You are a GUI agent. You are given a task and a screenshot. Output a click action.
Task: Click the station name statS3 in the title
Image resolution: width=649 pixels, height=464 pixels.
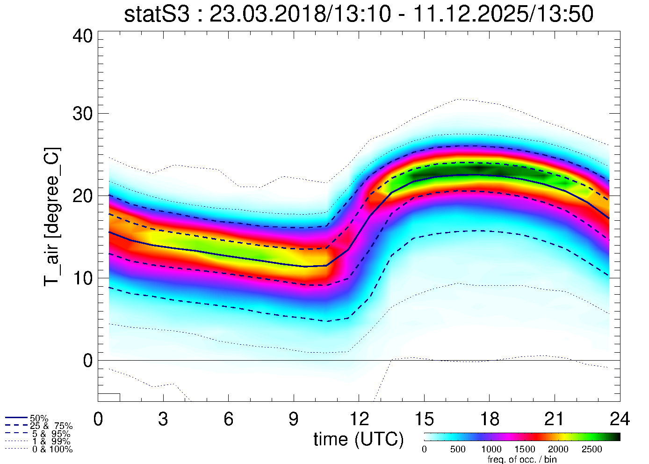[157, 14]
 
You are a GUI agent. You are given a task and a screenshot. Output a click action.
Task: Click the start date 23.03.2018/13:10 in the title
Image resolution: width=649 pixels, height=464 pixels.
[299, 14]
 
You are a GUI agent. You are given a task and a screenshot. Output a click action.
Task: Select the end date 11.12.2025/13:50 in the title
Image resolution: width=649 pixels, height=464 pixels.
[503, 14]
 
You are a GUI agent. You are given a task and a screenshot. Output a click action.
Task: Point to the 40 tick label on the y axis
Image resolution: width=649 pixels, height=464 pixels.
[83, 36]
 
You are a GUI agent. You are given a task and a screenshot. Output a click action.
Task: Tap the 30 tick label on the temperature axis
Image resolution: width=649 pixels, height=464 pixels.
[83, 114]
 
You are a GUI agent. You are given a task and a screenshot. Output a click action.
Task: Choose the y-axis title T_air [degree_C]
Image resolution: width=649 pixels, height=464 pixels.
[52, 217]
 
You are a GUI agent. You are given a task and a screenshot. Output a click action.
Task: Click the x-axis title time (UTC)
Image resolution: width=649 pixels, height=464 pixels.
[358, 439]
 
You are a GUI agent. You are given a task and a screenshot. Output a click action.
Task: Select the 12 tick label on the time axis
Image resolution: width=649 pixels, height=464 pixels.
[358, 419]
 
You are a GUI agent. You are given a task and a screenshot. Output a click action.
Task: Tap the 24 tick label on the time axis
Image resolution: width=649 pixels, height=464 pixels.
[619, 419]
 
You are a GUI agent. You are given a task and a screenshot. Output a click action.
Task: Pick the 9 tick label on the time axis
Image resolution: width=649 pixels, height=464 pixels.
[293, 419]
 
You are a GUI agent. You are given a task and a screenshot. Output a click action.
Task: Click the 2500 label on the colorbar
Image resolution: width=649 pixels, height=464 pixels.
[591, 449]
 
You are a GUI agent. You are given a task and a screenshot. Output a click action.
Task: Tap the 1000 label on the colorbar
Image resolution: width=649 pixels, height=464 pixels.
[491, 449]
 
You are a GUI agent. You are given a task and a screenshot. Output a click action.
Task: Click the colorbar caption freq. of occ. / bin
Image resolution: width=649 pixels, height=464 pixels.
[522, 459]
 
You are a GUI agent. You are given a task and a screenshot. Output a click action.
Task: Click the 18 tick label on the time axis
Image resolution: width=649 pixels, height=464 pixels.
[489, 419]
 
